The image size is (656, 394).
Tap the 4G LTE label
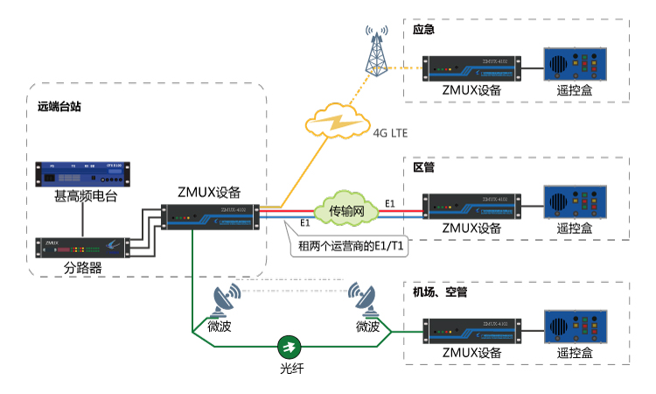[x=392, y=134]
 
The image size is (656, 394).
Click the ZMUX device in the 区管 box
[x=471, y=204]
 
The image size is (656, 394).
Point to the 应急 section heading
[x=424, y=30]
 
